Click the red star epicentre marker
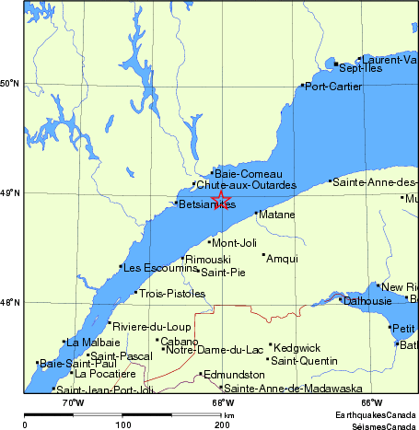click(x=221, y=199)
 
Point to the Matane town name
click(x=277, y=215)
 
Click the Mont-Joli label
click(x=234, y=243)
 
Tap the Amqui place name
click(x=281, y=259)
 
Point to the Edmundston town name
click(x=233, y=375)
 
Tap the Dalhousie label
click(x=367, y=300)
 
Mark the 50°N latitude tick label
click(x=10, y=84)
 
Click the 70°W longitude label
click(x=73, y=402)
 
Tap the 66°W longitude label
click(x=372, y=402)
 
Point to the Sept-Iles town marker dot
click(x=337, y=64)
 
